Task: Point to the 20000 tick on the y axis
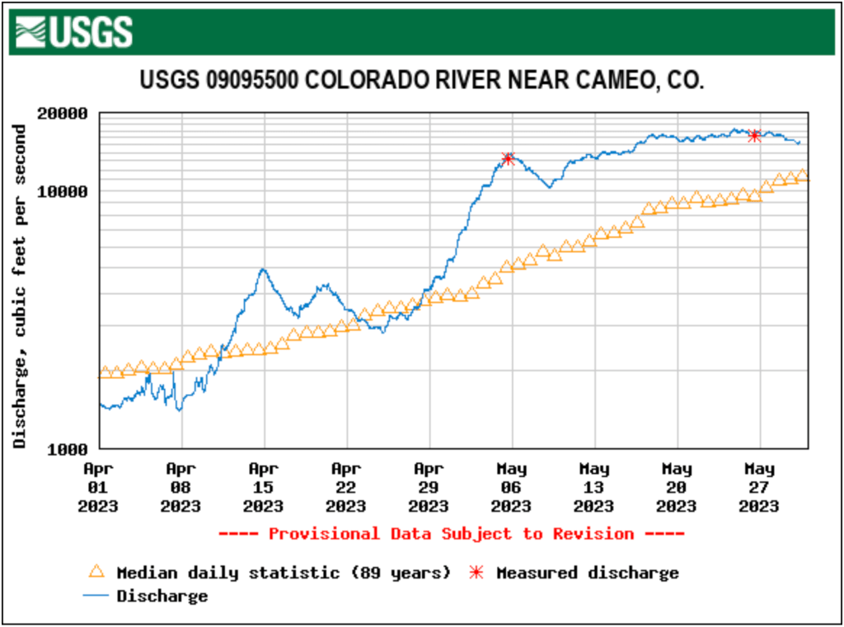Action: tap(64, 113)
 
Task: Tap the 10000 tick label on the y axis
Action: tap(64, 191)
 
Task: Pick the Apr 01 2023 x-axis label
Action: tap(98, 487)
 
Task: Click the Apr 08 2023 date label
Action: tap(181, 487)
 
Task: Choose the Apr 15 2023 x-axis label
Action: tap(263, 487)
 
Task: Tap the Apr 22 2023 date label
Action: tap(345, 487)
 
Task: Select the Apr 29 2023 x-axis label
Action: tap(429, 487)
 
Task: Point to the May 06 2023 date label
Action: tap(511, 487)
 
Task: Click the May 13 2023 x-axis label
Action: tap(593, 487)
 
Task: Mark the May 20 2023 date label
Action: tap(676, 487)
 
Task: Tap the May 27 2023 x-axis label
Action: tap(758, 487)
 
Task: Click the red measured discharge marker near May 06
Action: tap(508, 158)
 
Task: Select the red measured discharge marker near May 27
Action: tap(753, 136)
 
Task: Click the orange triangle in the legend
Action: tap(97, 572)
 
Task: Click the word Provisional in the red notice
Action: tap(324, 534)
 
